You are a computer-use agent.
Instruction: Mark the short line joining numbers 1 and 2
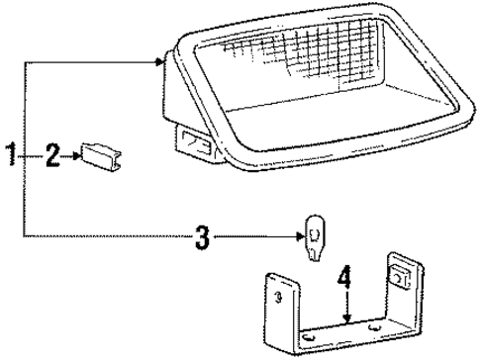pos(31,154)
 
